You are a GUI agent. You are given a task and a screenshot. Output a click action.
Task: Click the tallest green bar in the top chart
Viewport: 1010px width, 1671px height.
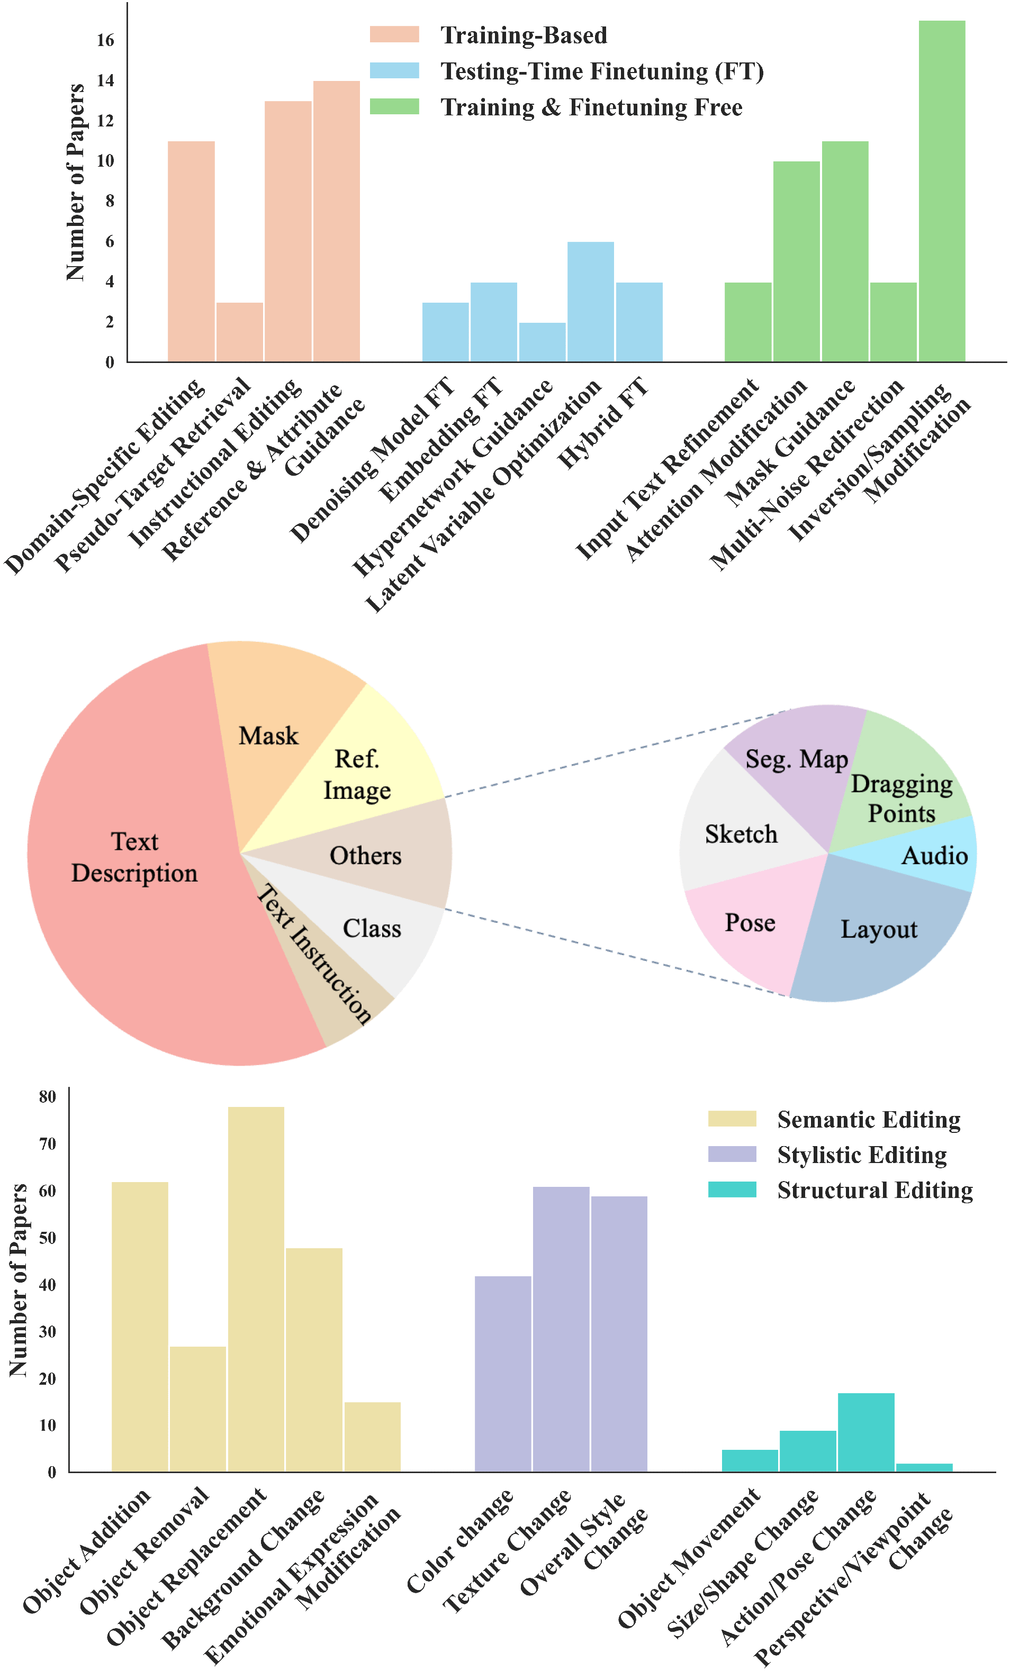coord(942,190)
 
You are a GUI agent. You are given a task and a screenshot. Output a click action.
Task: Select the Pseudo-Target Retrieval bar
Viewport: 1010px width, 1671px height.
coord(239,332)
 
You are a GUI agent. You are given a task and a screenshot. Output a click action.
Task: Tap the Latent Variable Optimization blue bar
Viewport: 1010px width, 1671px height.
coord(590,302)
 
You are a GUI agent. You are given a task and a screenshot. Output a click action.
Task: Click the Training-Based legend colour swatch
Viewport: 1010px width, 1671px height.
coord(394,34)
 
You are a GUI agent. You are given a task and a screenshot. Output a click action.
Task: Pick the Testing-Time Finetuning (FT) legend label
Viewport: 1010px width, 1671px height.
coord(602,71)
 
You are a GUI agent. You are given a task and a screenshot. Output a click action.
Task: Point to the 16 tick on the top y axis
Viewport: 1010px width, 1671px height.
coord(106,41)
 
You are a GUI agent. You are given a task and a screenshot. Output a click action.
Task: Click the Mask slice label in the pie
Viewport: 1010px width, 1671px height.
coord(268,736)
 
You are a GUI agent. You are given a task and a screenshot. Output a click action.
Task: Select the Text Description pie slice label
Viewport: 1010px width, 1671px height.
coord(134,857)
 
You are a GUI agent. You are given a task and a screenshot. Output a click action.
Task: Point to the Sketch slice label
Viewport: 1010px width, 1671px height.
coord(741,834)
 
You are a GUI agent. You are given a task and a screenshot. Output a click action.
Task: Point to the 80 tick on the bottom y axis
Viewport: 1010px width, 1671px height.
coord(48,1096)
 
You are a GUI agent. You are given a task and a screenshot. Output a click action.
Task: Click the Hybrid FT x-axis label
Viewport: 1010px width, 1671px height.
coord(602,424)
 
